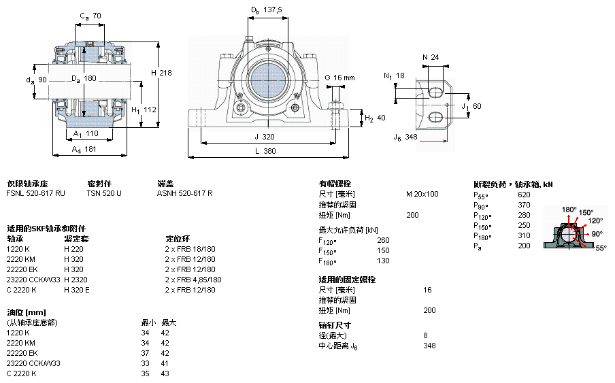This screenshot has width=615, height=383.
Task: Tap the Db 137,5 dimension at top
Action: (266, 10)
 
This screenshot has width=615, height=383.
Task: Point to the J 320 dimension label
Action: (265, 136)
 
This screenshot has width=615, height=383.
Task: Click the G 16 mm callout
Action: (340, 78)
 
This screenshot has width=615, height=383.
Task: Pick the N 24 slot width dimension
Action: (430, 57)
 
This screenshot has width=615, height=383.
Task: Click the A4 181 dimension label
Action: (85, 149)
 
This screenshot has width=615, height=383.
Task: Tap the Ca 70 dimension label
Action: (90, 15)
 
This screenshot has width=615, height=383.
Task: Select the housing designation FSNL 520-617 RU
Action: (35, 194)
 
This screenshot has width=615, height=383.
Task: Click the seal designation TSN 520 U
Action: (104, 194)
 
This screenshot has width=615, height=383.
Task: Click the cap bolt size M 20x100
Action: (422, 194)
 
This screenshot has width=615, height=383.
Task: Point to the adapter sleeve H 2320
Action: (76, 280)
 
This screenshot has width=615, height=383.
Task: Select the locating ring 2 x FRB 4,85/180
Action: (193, 280)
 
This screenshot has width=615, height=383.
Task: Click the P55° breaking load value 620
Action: (524, 195)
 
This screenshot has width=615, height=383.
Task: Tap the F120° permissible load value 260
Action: (383, 240)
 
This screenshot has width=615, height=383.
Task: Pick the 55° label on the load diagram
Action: (601, 248)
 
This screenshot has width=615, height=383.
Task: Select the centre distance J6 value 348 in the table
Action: (429, 346)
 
